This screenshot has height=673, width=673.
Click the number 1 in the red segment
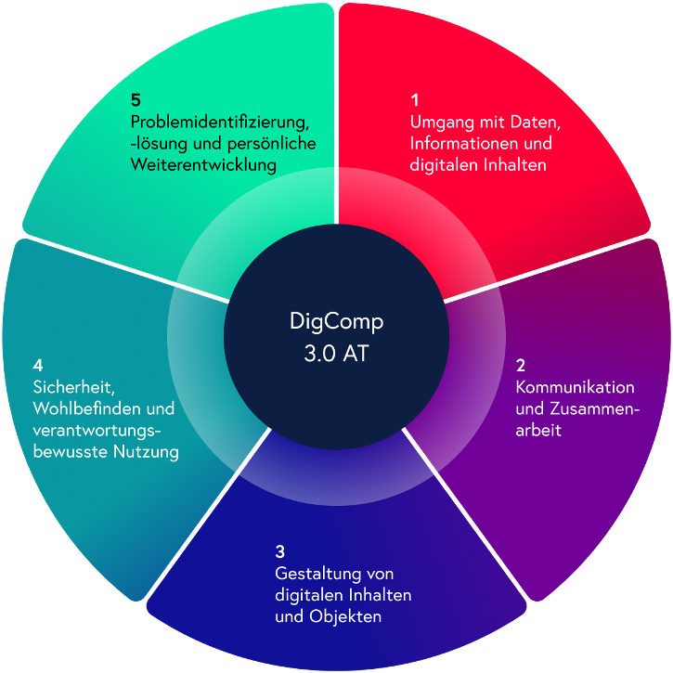(415, 100)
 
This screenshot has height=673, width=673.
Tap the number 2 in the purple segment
(520, 365)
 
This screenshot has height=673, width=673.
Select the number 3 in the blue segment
(279, 551)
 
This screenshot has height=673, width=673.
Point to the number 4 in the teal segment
(38, 365)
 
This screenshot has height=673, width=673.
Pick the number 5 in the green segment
(136, 100)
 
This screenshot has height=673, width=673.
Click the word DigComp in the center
(336, 322)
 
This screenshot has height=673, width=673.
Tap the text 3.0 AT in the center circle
(336, 354)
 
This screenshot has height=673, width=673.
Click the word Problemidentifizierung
(220, 123)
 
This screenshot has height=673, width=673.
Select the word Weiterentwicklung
(203, 165)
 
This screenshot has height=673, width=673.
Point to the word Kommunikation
(576, 387)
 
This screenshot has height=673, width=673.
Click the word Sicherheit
(74, 388)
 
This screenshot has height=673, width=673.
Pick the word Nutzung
(146, 452)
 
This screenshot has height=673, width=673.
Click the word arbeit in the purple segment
(538, 430)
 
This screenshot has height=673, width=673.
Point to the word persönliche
(272, 144)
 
